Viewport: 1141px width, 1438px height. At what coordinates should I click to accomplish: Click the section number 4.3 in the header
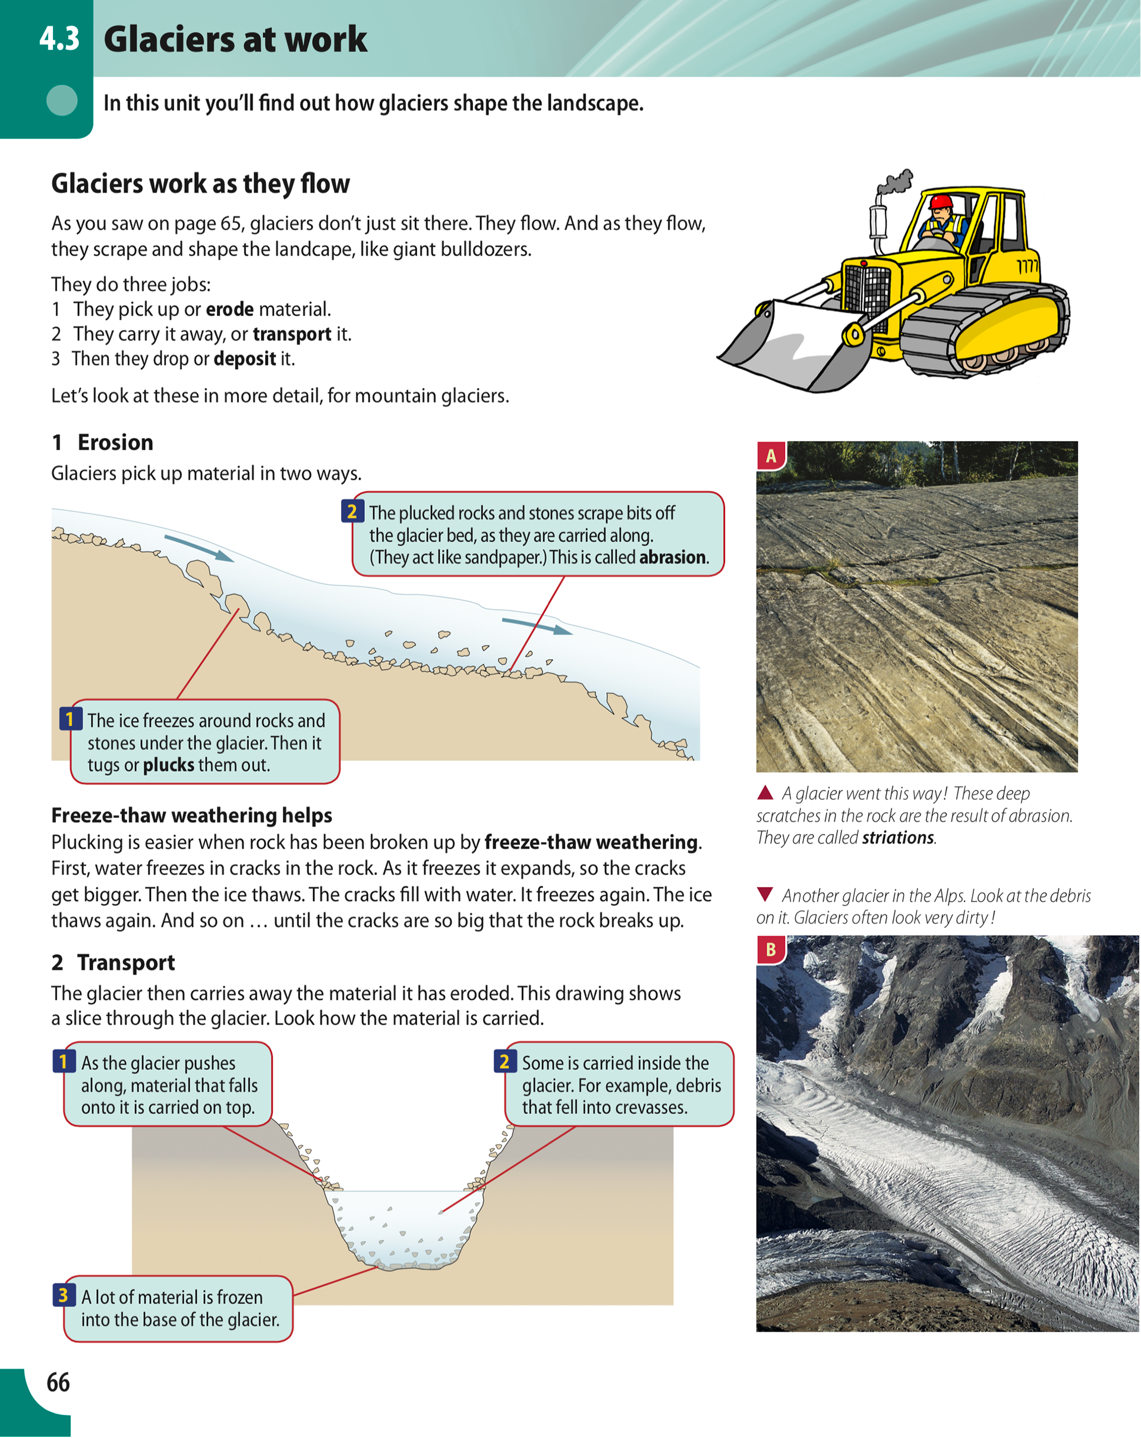pyautogui.click(x=59, y=39)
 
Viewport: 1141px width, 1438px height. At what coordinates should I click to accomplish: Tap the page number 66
pyautogui.click(x=58, y=1382)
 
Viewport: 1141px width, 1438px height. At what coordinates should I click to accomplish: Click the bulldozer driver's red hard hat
pyautogui.click(x=941, y=202)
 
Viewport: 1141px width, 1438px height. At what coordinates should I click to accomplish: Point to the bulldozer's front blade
pyautogui.click(x=793, y=347)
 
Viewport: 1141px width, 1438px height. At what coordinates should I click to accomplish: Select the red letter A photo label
pyautogui.click(x=771, y=455)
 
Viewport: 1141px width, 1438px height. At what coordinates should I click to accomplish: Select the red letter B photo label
pyautogui.click(x=771, y=949)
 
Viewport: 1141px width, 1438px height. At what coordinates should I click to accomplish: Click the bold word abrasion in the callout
pyautogui.click(x=672, y=557)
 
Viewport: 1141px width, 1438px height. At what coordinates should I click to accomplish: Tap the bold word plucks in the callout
pyautogui.click(x=169, y=764)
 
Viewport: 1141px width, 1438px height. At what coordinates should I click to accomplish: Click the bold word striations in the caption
pyautogui.click(x=897, y=838)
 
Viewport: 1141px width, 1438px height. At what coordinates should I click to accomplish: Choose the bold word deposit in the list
pyautogui.click(x=245, y=359)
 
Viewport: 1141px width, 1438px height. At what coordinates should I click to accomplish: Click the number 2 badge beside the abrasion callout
pyautogui.click(x=352, y=512)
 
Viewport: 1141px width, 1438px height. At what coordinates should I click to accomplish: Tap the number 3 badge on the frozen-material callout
pyautogui.click(x=64, y=1295)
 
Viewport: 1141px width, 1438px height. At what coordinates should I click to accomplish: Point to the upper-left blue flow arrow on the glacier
pyautogui.click(x=198, y=547)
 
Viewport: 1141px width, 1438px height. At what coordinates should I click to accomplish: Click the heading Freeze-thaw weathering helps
pyautogui.click(x=191, y=815)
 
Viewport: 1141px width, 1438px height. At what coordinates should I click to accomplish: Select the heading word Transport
pyautogui.click(x=126, y=962)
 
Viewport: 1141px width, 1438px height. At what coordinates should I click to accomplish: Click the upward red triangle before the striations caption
pyautogui.click(x=765, y=792)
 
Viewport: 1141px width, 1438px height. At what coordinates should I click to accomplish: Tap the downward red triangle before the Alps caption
pyautogui.click(x=765, y=893)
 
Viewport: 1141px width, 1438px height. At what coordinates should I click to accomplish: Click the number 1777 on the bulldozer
pyautogui.click(x=1027, y=267)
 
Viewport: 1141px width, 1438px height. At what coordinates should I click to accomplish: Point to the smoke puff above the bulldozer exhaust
pyautogui.click(x=897, y=181)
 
